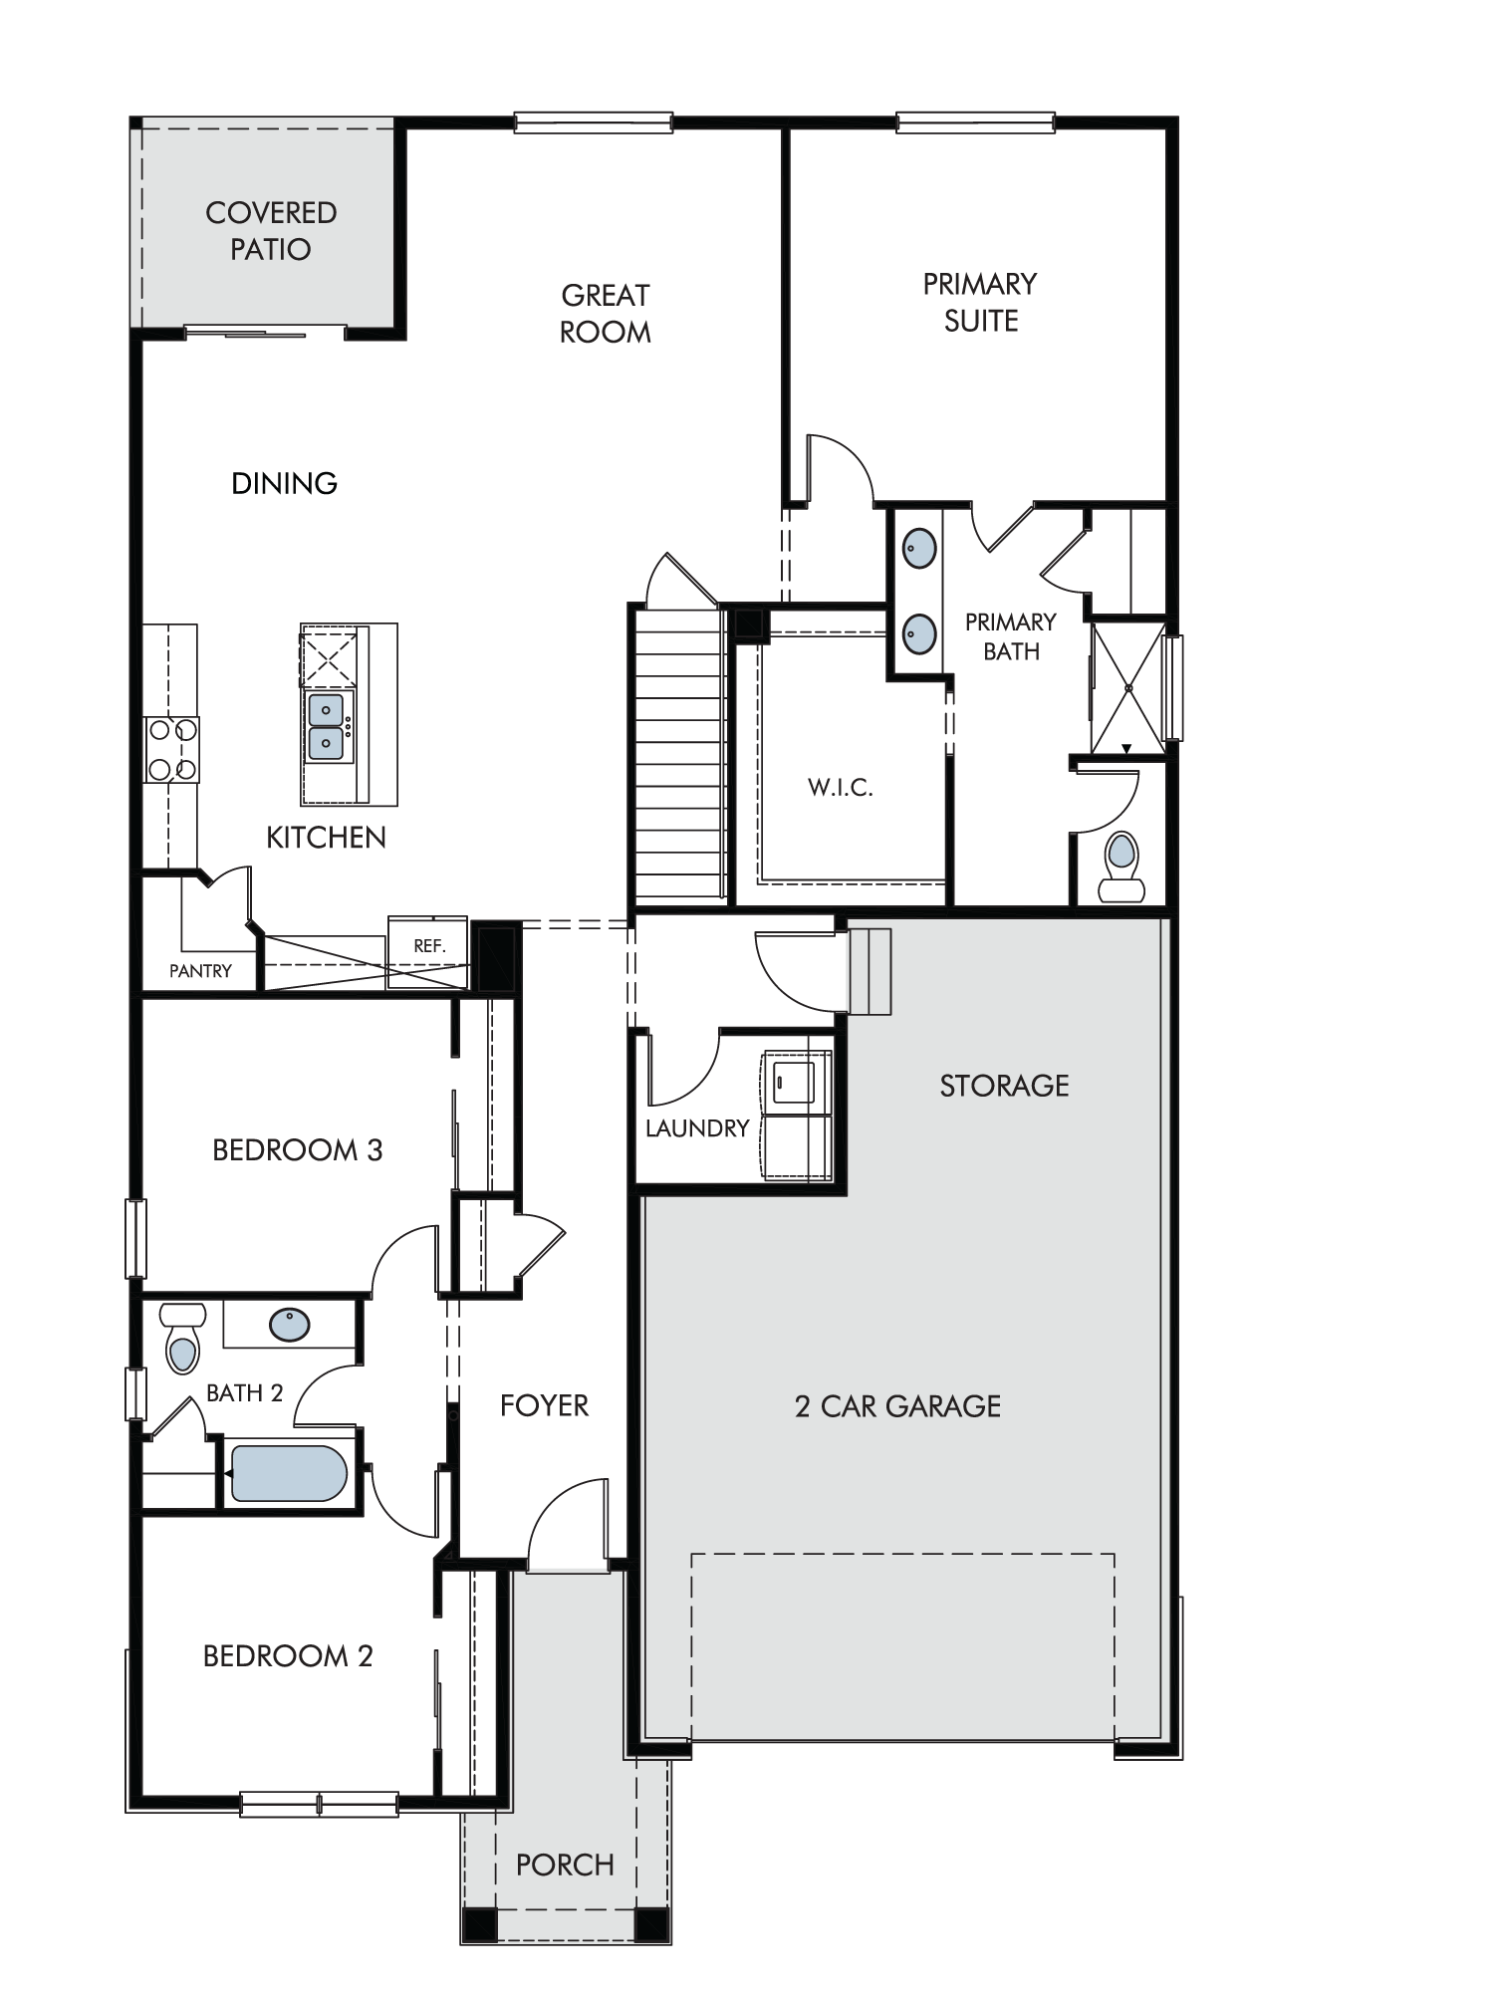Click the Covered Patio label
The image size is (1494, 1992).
click(271, 230)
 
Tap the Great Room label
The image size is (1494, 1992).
click(606, 313)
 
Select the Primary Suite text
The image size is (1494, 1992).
click(980, 302)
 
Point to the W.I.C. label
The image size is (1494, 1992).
click(841, 788)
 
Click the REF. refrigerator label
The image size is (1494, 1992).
click(429, 945)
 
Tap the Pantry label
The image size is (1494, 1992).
click(200, 971)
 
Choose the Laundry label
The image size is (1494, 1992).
click(697, 1128)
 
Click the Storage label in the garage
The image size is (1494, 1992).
click(1004, 1086)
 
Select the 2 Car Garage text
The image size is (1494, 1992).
click(897, 1406)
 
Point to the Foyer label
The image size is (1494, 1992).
click(544, 1405)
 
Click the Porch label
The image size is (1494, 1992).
click(565, 1865)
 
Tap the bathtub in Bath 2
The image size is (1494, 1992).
click(289, 1473)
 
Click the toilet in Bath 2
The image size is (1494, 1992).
click(182, 1339)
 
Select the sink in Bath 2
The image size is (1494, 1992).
click(289, 1325)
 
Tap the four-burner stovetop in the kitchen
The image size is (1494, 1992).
click(172, 750)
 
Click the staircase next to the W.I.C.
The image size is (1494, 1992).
click(679, 754)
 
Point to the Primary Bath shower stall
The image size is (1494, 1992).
click(1128, 688)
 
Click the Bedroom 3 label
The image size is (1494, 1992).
click(298, 1150)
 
